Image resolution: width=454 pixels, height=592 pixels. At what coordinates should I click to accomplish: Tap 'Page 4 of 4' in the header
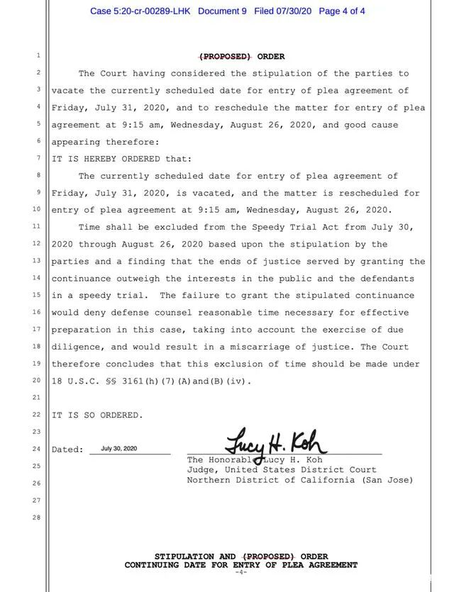click(343, 11)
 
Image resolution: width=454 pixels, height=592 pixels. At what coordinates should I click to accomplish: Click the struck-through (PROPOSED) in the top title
click(224, 57)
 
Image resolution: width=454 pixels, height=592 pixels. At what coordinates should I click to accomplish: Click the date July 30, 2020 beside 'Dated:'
click(119, 449)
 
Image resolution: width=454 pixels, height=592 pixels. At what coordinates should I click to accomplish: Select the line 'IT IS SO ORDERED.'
click(97, 415)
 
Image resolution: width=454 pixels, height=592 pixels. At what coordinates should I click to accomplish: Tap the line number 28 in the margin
click(38, 518)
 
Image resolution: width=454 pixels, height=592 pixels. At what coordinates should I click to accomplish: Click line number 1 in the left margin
click(38, 56)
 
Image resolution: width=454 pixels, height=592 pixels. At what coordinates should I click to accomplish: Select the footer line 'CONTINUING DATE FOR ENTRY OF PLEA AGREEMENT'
click(241, 565)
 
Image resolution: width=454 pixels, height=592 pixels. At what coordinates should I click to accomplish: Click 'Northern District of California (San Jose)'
click(300, 480)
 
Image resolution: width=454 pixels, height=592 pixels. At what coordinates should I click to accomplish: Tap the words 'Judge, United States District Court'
click(282, 469)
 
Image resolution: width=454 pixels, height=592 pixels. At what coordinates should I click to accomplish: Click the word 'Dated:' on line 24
click(67, 449)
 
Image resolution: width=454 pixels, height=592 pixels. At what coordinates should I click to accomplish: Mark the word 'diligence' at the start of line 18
click(77, 347)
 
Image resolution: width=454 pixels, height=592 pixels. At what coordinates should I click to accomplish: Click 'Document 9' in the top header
click(223, 11)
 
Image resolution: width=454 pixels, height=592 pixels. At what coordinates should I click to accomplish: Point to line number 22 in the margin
click(37, 415)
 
